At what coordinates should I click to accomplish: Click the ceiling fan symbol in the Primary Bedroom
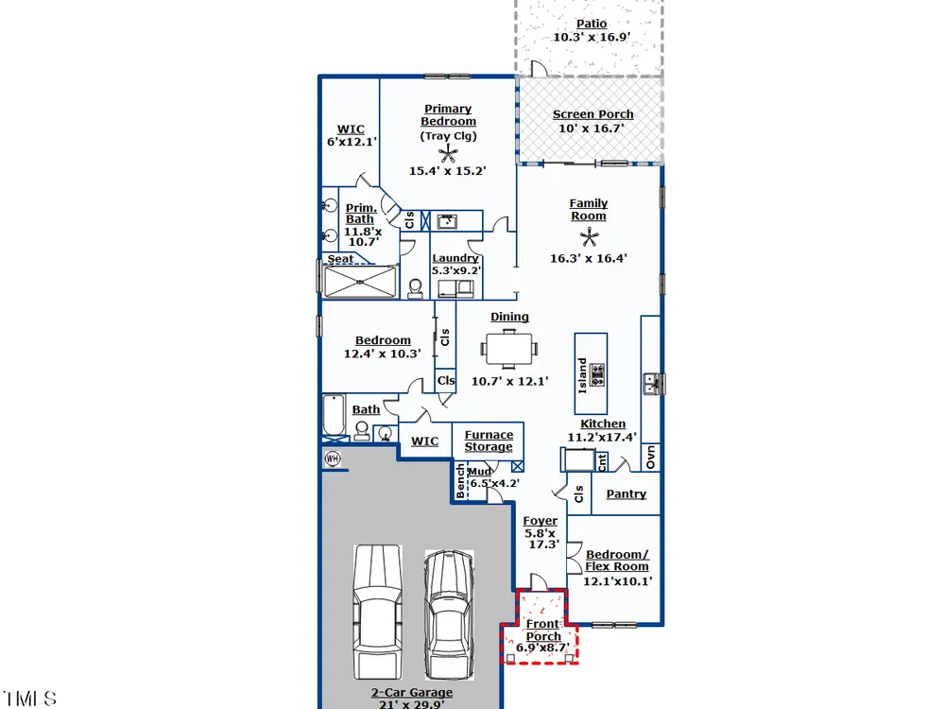pyautogui.click(x=447, y=154)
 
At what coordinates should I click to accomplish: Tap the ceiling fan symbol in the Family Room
pyautogui.click(x=589, y=237)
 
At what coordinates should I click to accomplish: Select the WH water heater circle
pyautogui.click(x=332, y=458)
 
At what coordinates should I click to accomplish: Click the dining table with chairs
pyautogui.click(x=509, y=349)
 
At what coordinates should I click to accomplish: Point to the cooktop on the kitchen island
pyautogui.click(x=597, y=374)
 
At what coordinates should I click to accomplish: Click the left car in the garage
pyautogui.click(x=377, y=612)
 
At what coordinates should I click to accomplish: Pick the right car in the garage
pyautogui.click(x=449, y=614)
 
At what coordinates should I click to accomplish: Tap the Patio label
pyautogui.click(x=592, y=24)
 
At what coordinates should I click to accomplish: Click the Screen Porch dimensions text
pyautogui.click(x=591, y=129)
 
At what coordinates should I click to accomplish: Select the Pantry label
pyautogui.click(x=627, y=493)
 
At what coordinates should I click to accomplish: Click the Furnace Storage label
pyautogui.click(x=489, y=441)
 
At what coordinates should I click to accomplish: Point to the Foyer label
pyautogui.click(x=540, y=520)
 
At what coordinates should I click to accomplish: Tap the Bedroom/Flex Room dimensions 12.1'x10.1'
pyautogui.click(x=617, y=581)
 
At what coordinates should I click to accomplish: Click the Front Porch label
pyautogui.click(x=543, y=630)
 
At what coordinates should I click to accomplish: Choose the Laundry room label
pyautogui.click(x=455, y=258)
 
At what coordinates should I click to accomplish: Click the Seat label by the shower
pyautogui.click(x=340, y=259)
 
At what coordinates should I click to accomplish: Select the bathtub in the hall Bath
pyautogui.click(x=334, y=414)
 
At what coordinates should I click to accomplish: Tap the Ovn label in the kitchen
pyautogui.click(x=650, y=457)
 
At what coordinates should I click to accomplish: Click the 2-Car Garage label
pyautogui.click(x=412, y=693)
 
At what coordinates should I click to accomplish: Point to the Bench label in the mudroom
pyautogui.click(x=460, y=481)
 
